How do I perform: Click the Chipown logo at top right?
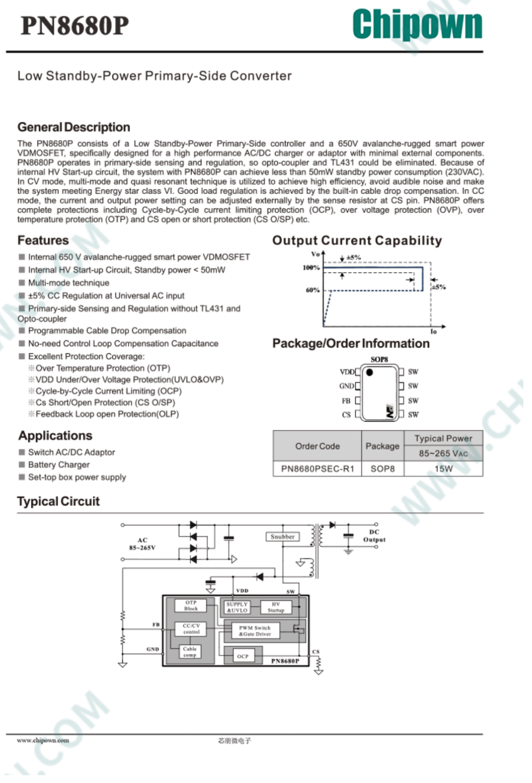417,25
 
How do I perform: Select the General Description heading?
74,127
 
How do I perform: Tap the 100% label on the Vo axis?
311,268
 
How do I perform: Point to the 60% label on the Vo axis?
313,290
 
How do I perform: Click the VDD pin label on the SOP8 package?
347,372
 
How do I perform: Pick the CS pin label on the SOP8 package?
346,415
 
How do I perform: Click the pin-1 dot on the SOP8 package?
370,372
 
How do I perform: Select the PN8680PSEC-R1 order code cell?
317,469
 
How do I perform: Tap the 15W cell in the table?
443,469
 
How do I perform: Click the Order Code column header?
317,446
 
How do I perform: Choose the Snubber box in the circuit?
282,537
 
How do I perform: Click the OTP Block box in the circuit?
191,605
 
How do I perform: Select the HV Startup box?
276,607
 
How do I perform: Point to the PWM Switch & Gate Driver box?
255,631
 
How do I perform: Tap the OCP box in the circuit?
243,656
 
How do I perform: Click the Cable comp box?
190,652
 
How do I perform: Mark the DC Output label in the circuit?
374,536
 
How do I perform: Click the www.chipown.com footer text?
43,740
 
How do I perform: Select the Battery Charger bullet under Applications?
59,465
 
